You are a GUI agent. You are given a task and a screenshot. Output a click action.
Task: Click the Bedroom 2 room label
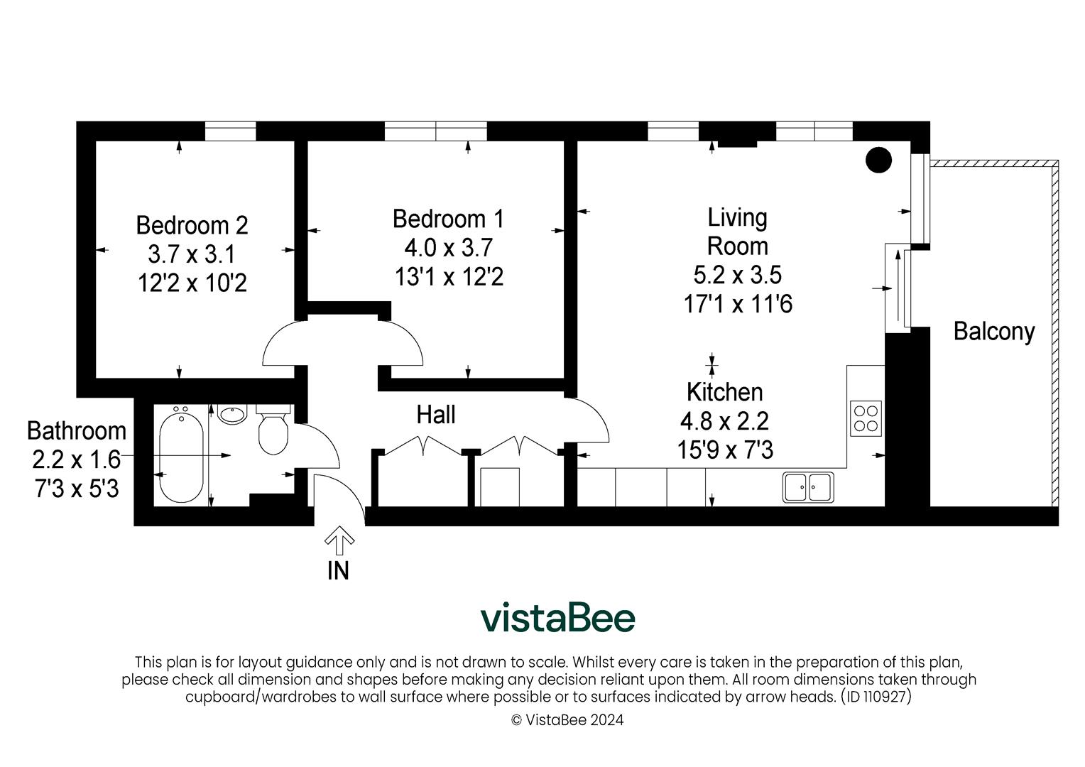pyautogui.click(x=192, y=225)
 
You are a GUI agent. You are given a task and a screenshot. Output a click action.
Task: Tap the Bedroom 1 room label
pyautogui.click(x=448, y=219)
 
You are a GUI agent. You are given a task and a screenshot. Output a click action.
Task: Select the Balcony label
pyautogui.click(x=993, y=332)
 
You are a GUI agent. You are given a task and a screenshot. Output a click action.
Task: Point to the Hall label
pyautogui.click(x=435, y=415)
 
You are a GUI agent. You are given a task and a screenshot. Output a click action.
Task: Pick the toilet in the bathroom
pyautogui.click(x=273, y=430)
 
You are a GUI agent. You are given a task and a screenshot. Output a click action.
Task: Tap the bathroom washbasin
pyautogui.click(x=232, y=414)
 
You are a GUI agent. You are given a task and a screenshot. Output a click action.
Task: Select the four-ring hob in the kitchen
pyautogui.click(x=866, y=418)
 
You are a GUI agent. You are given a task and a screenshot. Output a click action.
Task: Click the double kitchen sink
pyautogui.click(x=809, y=487)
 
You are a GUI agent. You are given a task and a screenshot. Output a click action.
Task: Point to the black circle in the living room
pyautogui.click(x=878, y=160)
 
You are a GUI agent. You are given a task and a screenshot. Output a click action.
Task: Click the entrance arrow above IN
pyautogui.click(x=339, y=541)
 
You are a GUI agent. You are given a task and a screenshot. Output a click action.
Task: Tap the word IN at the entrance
pyautogui.click(x=338, y=570)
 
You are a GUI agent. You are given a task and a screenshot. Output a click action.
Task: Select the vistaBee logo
pyautogui.click(x=557, y=618)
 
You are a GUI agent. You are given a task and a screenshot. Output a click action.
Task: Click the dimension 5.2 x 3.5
pyautogui.click(x=737, y=275)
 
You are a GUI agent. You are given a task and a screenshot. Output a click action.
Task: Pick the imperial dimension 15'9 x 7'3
pyautogui.click(x=725, y=450)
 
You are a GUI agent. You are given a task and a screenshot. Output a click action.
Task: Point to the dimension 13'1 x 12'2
pyautogui.click(x=449, y=277)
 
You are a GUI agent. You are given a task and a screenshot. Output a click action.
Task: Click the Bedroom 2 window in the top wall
pyautogui.click(x=230, y=131)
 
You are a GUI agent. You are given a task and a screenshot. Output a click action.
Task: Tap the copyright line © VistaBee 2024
pyautogui.click(x=567, y=720)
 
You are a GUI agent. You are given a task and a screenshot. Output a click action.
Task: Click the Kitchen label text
pyautogui.click(x=724, y=392)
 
